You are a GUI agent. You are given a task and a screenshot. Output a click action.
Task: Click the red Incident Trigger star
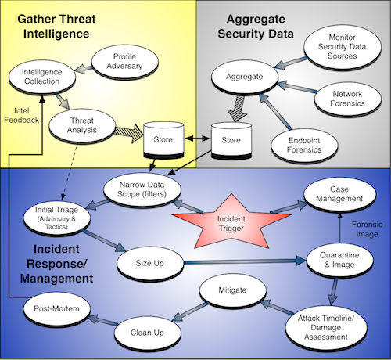[231, 222]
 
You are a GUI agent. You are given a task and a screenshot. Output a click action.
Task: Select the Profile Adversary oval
[125, 61]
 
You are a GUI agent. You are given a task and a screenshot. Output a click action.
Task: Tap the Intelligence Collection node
[42, 77]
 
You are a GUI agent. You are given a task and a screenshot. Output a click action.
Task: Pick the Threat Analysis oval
[82, 126]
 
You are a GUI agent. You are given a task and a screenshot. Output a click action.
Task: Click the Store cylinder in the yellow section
[163, 139]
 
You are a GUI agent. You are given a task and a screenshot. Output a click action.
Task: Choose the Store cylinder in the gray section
[231, 140]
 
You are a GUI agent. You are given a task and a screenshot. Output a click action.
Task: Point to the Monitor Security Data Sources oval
[343, 47]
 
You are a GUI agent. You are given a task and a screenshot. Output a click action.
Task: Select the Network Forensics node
[347, 99]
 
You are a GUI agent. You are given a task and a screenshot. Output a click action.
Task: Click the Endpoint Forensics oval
[304, 146]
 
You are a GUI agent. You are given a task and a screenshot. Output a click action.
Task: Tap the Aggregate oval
[245, 77]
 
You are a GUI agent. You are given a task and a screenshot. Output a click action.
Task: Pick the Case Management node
[339, 194]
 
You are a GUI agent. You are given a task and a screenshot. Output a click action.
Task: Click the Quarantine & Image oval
[339, 260]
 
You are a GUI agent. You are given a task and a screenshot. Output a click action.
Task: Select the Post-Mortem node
[57, 309]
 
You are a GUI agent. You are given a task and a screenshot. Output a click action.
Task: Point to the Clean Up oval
[148, 333]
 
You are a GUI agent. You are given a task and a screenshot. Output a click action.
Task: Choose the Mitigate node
[233, 290]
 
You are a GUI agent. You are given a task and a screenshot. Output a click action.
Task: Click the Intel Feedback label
[22, 116]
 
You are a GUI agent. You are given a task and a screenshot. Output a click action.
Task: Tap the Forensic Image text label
[367, 229]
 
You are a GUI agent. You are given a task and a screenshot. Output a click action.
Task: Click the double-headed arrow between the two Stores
[198, 139]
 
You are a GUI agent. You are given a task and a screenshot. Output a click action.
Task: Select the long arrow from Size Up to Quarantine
[245, 261]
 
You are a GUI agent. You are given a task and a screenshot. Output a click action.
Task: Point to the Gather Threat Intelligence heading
[56, 27]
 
